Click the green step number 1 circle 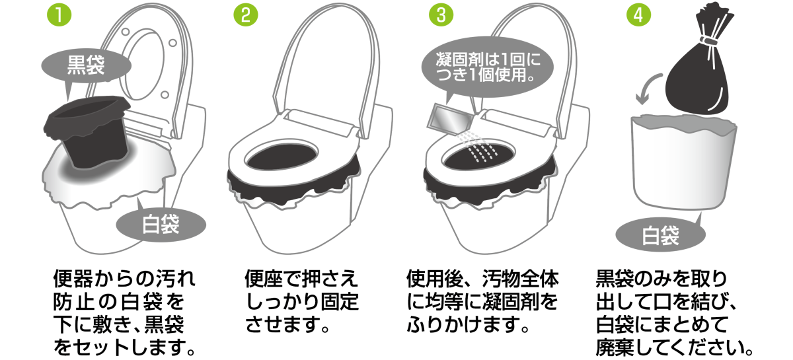[x=59, y=15]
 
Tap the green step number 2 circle [x=246, y=15]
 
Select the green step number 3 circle [x=441, y=15]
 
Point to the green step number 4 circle [x=638, y=15]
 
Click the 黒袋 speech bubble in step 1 [x=86, y=66]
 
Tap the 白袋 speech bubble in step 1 [x=161, y=225]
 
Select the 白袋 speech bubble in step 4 [x=661, y=235]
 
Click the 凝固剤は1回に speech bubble [x=488, y=67]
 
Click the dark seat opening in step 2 [x=282, y=156]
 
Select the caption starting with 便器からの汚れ [x=124, y=312]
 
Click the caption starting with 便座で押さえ [x=301, y=301]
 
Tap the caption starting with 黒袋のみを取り [x=675, y=312]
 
